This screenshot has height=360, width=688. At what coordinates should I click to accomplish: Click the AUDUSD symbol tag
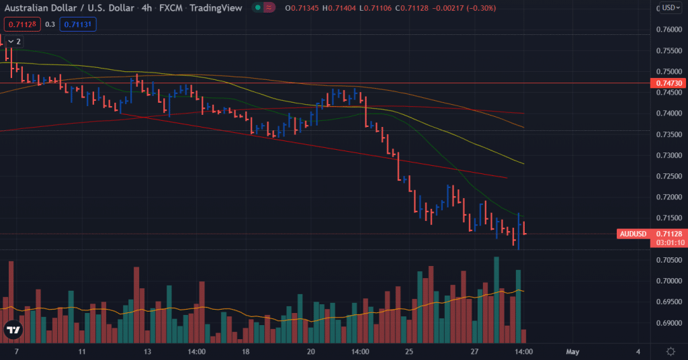[x=632, y=234]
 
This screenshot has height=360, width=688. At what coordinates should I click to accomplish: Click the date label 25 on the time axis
[x=408, y=351]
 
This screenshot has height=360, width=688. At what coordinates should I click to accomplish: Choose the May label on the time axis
[x=572, y=351]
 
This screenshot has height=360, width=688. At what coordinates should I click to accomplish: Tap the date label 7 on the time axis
[x=16, y=351]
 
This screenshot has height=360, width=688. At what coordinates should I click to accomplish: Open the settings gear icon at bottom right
[x=671, y=351]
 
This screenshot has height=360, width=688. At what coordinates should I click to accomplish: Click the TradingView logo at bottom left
[x=13, y=330]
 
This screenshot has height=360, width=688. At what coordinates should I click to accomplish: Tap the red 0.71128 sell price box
[x=22, y=24]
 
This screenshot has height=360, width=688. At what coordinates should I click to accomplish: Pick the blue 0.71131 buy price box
[x=78, y=24]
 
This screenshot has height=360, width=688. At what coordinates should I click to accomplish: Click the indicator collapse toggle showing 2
[x=13, y=42]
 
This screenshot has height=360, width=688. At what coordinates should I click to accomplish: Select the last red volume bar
[x=524, y=336]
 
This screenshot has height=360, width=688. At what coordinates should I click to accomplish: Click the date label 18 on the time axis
[x=246, y=351]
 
